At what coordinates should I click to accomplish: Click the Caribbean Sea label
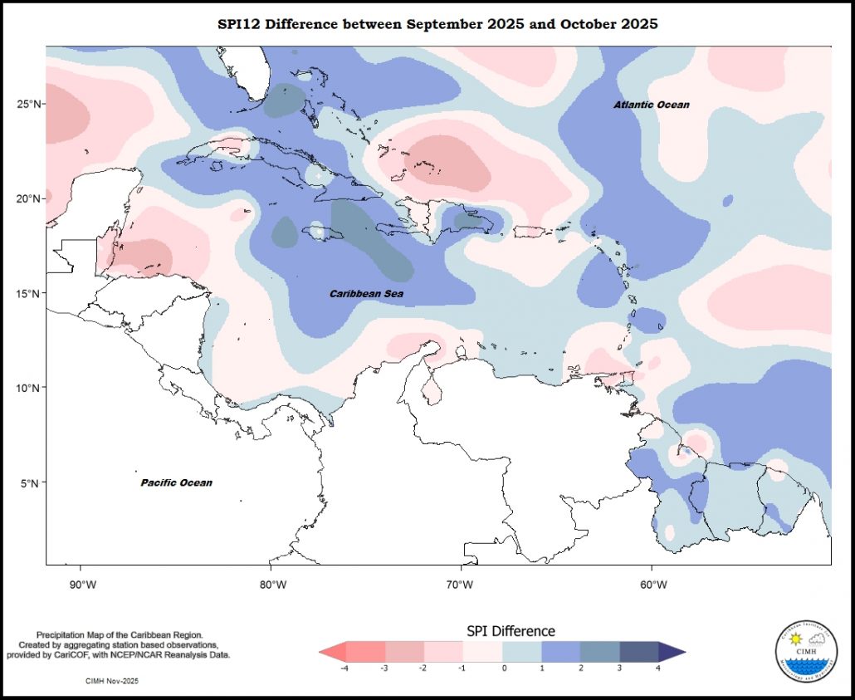pos(366,294)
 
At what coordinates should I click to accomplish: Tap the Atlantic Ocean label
pos(652,105)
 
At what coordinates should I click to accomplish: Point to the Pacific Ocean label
pos(176,482)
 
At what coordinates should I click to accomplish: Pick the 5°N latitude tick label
pos(32,482)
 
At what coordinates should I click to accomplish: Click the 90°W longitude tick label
pos(81,585)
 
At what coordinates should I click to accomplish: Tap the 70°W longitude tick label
pos(460,585)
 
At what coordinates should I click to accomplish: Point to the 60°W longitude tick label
pos(653,585)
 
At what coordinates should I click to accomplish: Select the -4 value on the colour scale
pos(343,668)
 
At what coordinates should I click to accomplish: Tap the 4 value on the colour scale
pos(658,668)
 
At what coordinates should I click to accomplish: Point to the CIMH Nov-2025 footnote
pos(112,681)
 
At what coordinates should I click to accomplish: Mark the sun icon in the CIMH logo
pos(795,639)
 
